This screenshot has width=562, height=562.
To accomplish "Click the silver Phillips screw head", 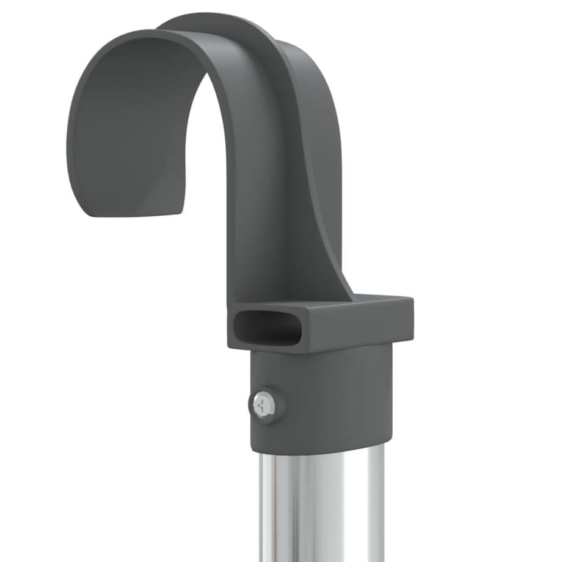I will [x=265, y=404].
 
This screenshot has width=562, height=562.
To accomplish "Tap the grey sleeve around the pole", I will [x=330, y=397].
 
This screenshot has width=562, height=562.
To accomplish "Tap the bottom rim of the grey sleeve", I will [x=318, y=449].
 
